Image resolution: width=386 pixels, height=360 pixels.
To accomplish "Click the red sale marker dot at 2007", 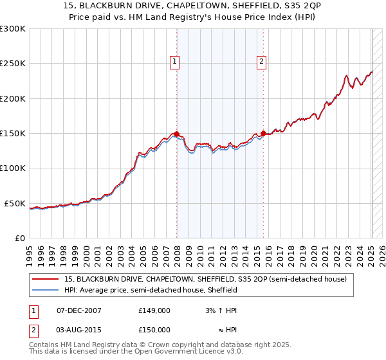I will [177, 134].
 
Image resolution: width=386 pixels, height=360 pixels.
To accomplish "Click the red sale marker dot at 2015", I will [264, 133].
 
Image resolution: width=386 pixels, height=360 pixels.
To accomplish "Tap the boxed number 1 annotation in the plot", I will [175, 62].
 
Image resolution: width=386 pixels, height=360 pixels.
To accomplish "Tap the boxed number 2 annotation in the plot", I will [262, 62].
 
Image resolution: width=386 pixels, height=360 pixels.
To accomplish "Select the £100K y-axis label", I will [13, 168].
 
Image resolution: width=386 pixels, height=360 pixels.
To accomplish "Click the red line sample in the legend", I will [45, 279].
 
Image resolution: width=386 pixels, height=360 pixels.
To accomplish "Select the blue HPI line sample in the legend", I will [45, 290].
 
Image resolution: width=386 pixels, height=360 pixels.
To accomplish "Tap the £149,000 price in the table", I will [154, 310].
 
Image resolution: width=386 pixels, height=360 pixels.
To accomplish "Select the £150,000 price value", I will [154, 329].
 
